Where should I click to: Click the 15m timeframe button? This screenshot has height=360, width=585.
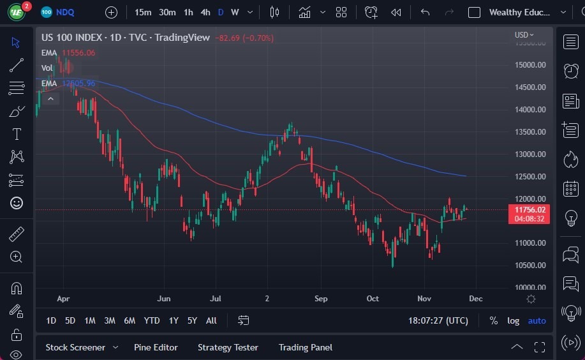143,12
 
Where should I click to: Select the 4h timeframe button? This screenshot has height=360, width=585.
205,12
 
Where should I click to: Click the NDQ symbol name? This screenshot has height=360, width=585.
65,12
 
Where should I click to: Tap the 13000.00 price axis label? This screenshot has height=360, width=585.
530,154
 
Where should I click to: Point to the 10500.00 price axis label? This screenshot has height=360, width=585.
530,266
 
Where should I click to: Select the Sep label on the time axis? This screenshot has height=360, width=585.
321,299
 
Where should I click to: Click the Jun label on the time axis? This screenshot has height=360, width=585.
164,299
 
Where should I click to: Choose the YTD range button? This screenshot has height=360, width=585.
152,320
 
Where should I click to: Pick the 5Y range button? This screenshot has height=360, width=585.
192,320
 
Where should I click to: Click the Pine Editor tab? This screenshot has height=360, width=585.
156,347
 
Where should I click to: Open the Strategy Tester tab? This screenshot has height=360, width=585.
228,347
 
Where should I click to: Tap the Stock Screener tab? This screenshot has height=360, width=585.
75,347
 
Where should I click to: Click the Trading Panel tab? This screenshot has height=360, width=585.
306,347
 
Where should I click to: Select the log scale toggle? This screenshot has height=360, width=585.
513,320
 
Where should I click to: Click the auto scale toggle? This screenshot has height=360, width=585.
537,320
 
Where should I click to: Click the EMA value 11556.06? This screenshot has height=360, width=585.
78,53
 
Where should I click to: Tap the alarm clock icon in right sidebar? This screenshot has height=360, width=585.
571,71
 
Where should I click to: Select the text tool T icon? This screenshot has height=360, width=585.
17,134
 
